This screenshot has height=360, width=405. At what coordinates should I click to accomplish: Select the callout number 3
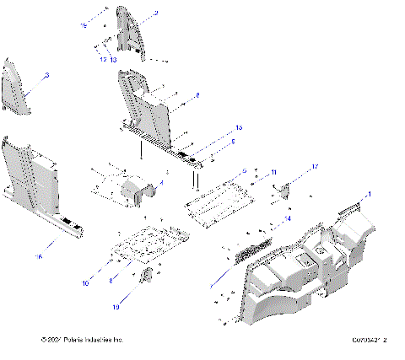[46, 76]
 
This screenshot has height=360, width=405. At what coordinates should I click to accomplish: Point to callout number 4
[161, 181]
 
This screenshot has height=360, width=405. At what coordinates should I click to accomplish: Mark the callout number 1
[368, 195]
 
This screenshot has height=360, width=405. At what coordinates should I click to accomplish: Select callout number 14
[288, 218]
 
